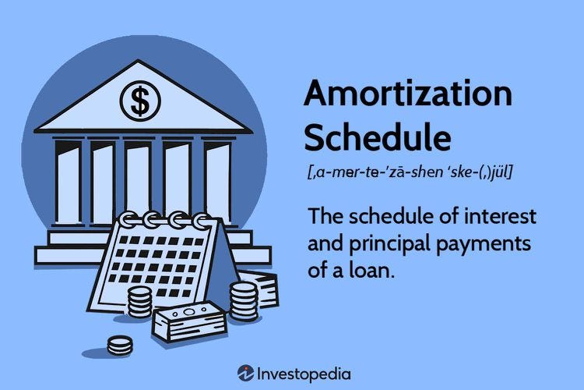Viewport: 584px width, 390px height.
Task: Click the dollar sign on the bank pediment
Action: coord(140,100)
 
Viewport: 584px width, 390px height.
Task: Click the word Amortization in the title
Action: coord(408,95)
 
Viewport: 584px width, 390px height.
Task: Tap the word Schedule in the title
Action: coord(377,138)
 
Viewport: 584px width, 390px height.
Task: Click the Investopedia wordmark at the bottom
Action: coord(304,374)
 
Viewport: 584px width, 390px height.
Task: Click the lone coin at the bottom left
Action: coord(119,344)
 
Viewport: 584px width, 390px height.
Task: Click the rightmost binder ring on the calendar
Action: coord(202,221)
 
